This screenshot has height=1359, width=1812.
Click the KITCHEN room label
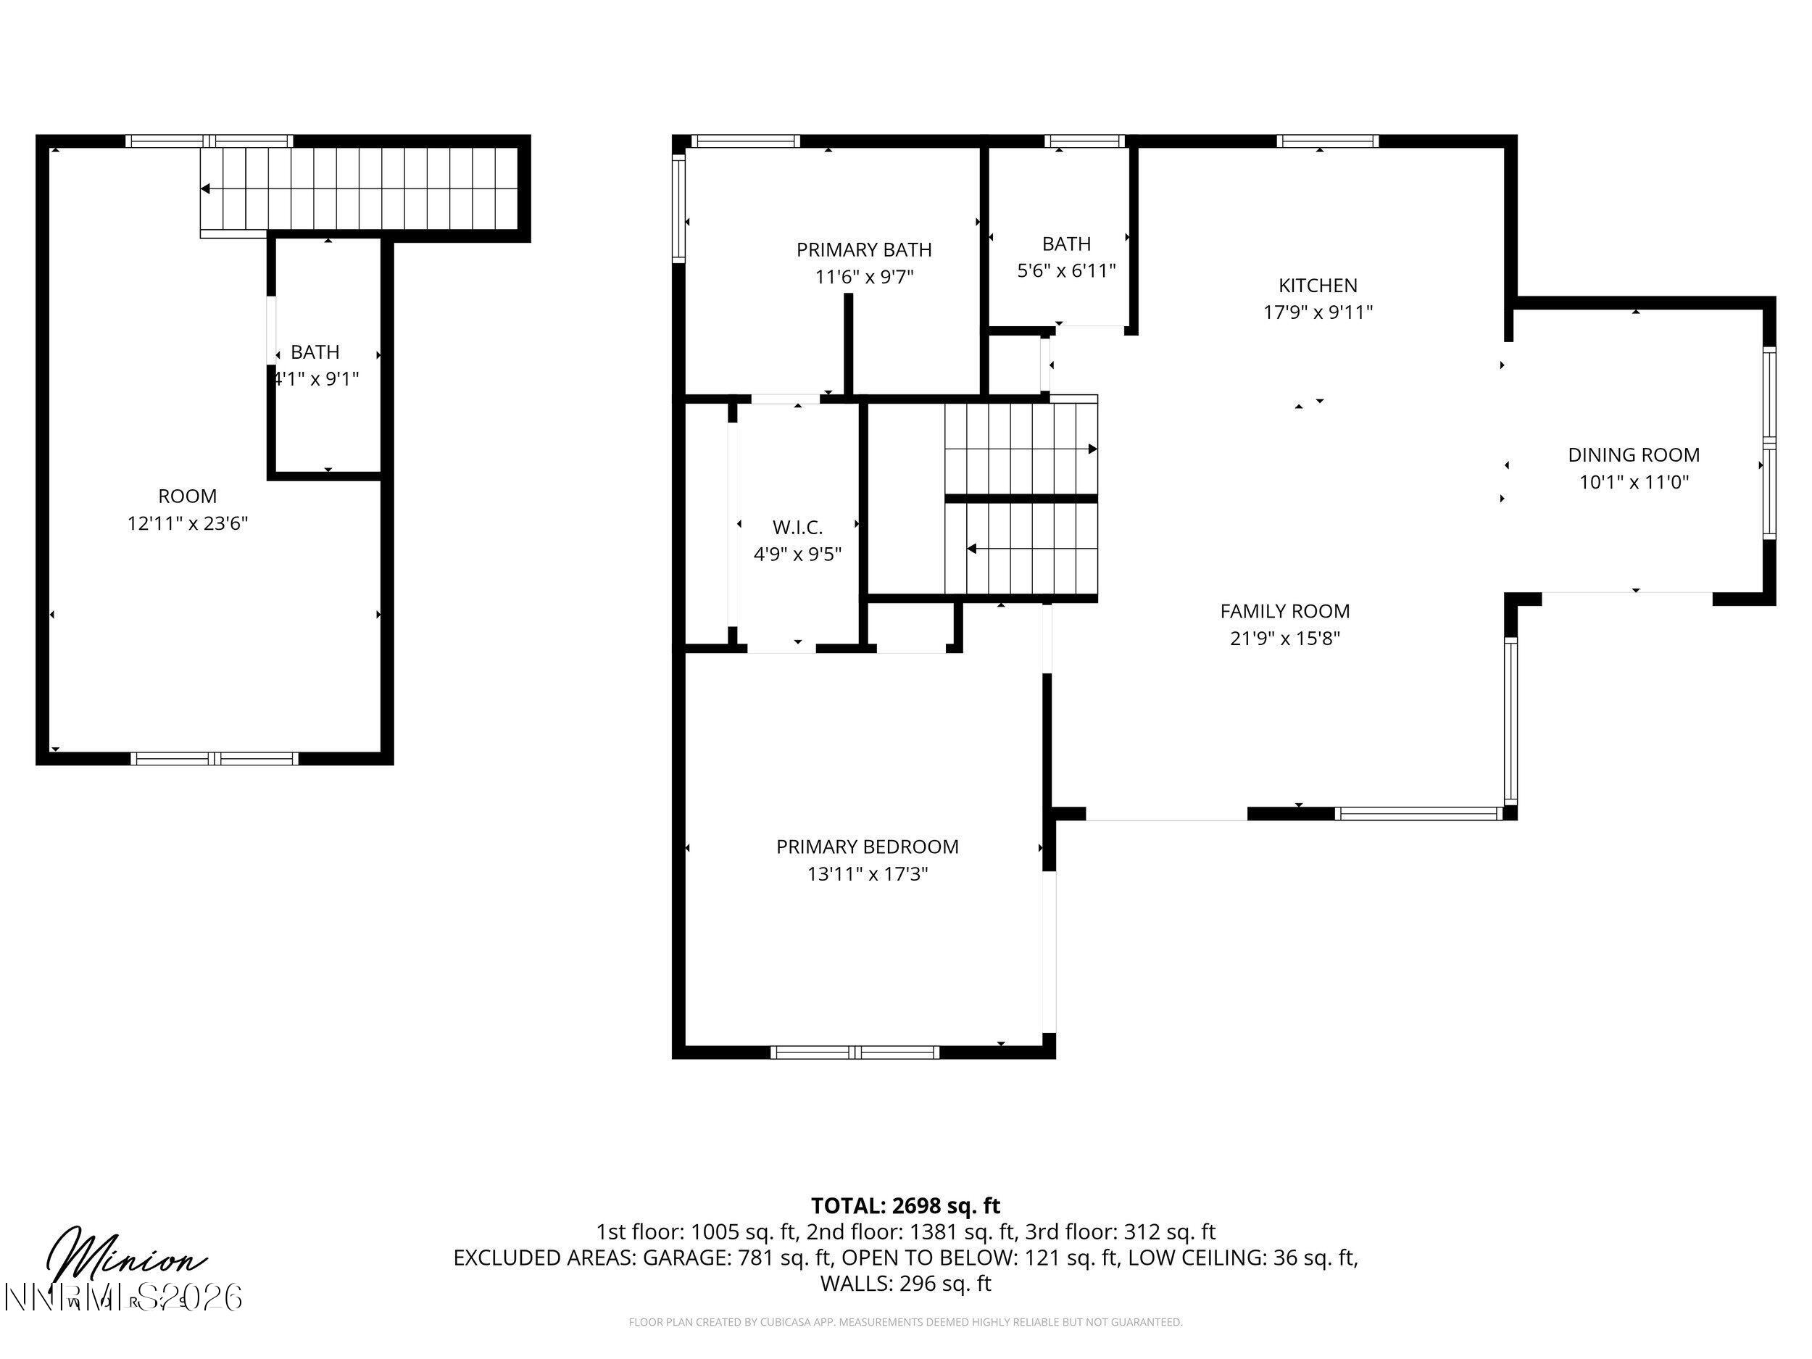1317,285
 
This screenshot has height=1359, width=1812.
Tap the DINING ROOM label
1634,454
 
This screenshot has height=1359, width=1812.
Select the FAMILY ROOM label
1284,611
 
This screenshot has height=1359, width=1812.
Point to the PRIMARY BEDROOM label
867,846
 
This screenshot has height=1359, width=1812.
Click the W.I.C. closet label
797,527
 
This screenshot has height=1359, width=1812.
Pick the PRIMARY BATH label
863,249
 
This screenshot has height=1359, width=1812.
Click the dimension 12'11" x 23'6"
188,523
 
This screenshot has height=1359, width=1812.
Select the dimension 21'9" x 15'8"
1284,638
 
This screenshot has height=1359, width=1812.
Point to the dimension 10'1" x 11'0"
1634,482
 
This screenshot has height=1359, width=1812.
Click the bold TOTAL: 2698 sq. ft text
905,1206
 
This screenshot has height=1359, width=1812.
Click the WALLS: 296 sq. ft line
905,1284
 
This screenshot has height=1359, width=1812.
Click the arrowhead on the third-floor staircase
206,188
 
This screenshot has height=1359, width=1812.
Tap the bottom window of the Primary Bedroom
855,1052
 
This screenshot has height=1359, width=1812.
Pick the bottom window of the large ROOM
215,759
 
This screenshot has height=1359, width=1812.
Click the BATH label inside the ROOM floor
315,352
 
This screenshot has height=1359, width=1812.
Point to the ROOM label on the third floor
188,496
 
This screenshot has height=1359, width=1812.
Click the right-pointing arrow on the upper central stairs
1092,449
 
